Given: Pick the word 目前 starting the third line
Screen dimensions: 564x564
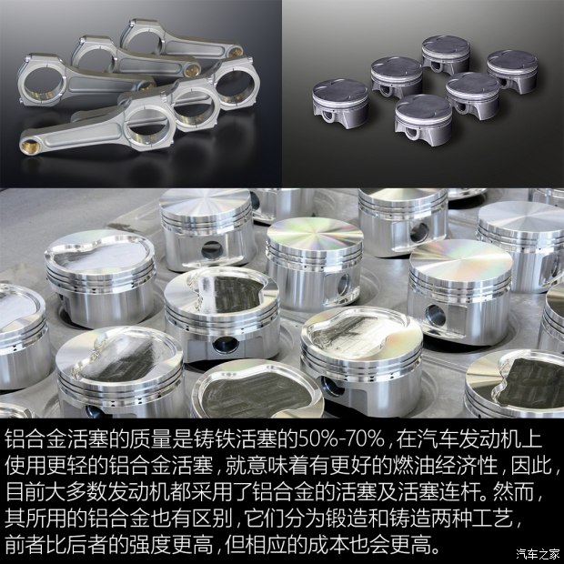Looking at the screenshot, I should [x=25, y=494].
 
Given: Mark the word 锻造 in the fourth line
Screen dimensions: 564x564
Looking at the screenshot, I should [x=340, y=521].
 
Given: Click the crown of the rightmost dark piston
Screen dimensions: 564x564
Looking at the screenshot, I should [x=512, y=61].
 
